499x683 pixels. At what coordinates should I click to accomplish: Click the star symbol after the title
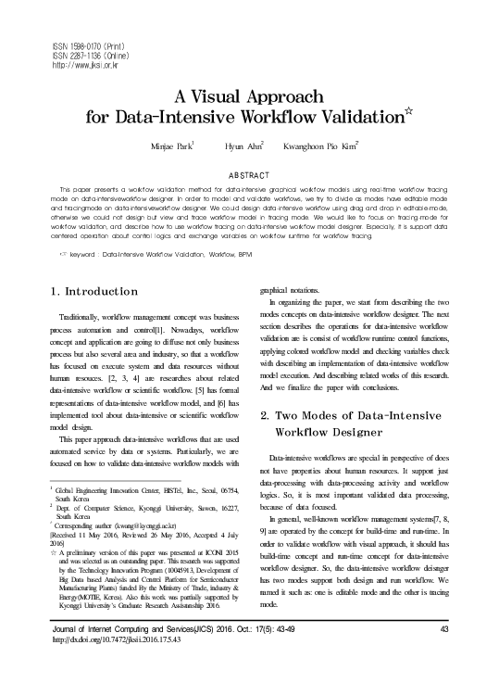point(413,113)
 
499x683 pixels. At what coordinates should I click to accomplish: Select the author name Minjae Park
point(170,146)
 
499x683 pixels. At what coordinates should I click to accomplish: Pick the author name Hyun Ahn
point(243,146)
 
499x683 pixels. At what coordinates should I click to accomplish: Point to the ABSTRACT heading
point(250,175)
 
